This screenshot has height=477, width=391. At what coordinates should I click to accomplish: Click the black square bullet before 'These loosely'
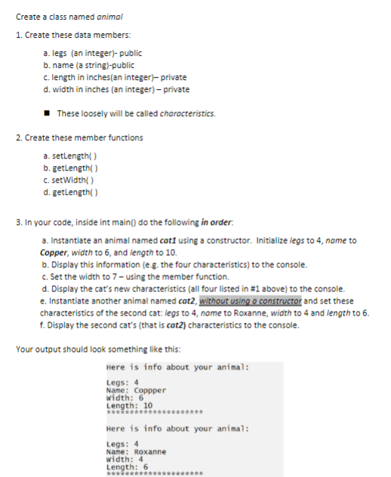(x=49, y=114)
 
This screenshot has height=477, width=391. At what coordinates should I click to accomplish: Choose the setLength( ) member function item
(x=72, y=153)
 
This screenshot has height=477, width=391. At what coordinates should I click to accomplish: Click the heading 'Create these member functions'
(x=79, y=137)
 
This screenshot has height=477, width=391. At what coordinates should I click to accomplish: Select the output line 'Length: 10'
(x=130, y=405)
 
